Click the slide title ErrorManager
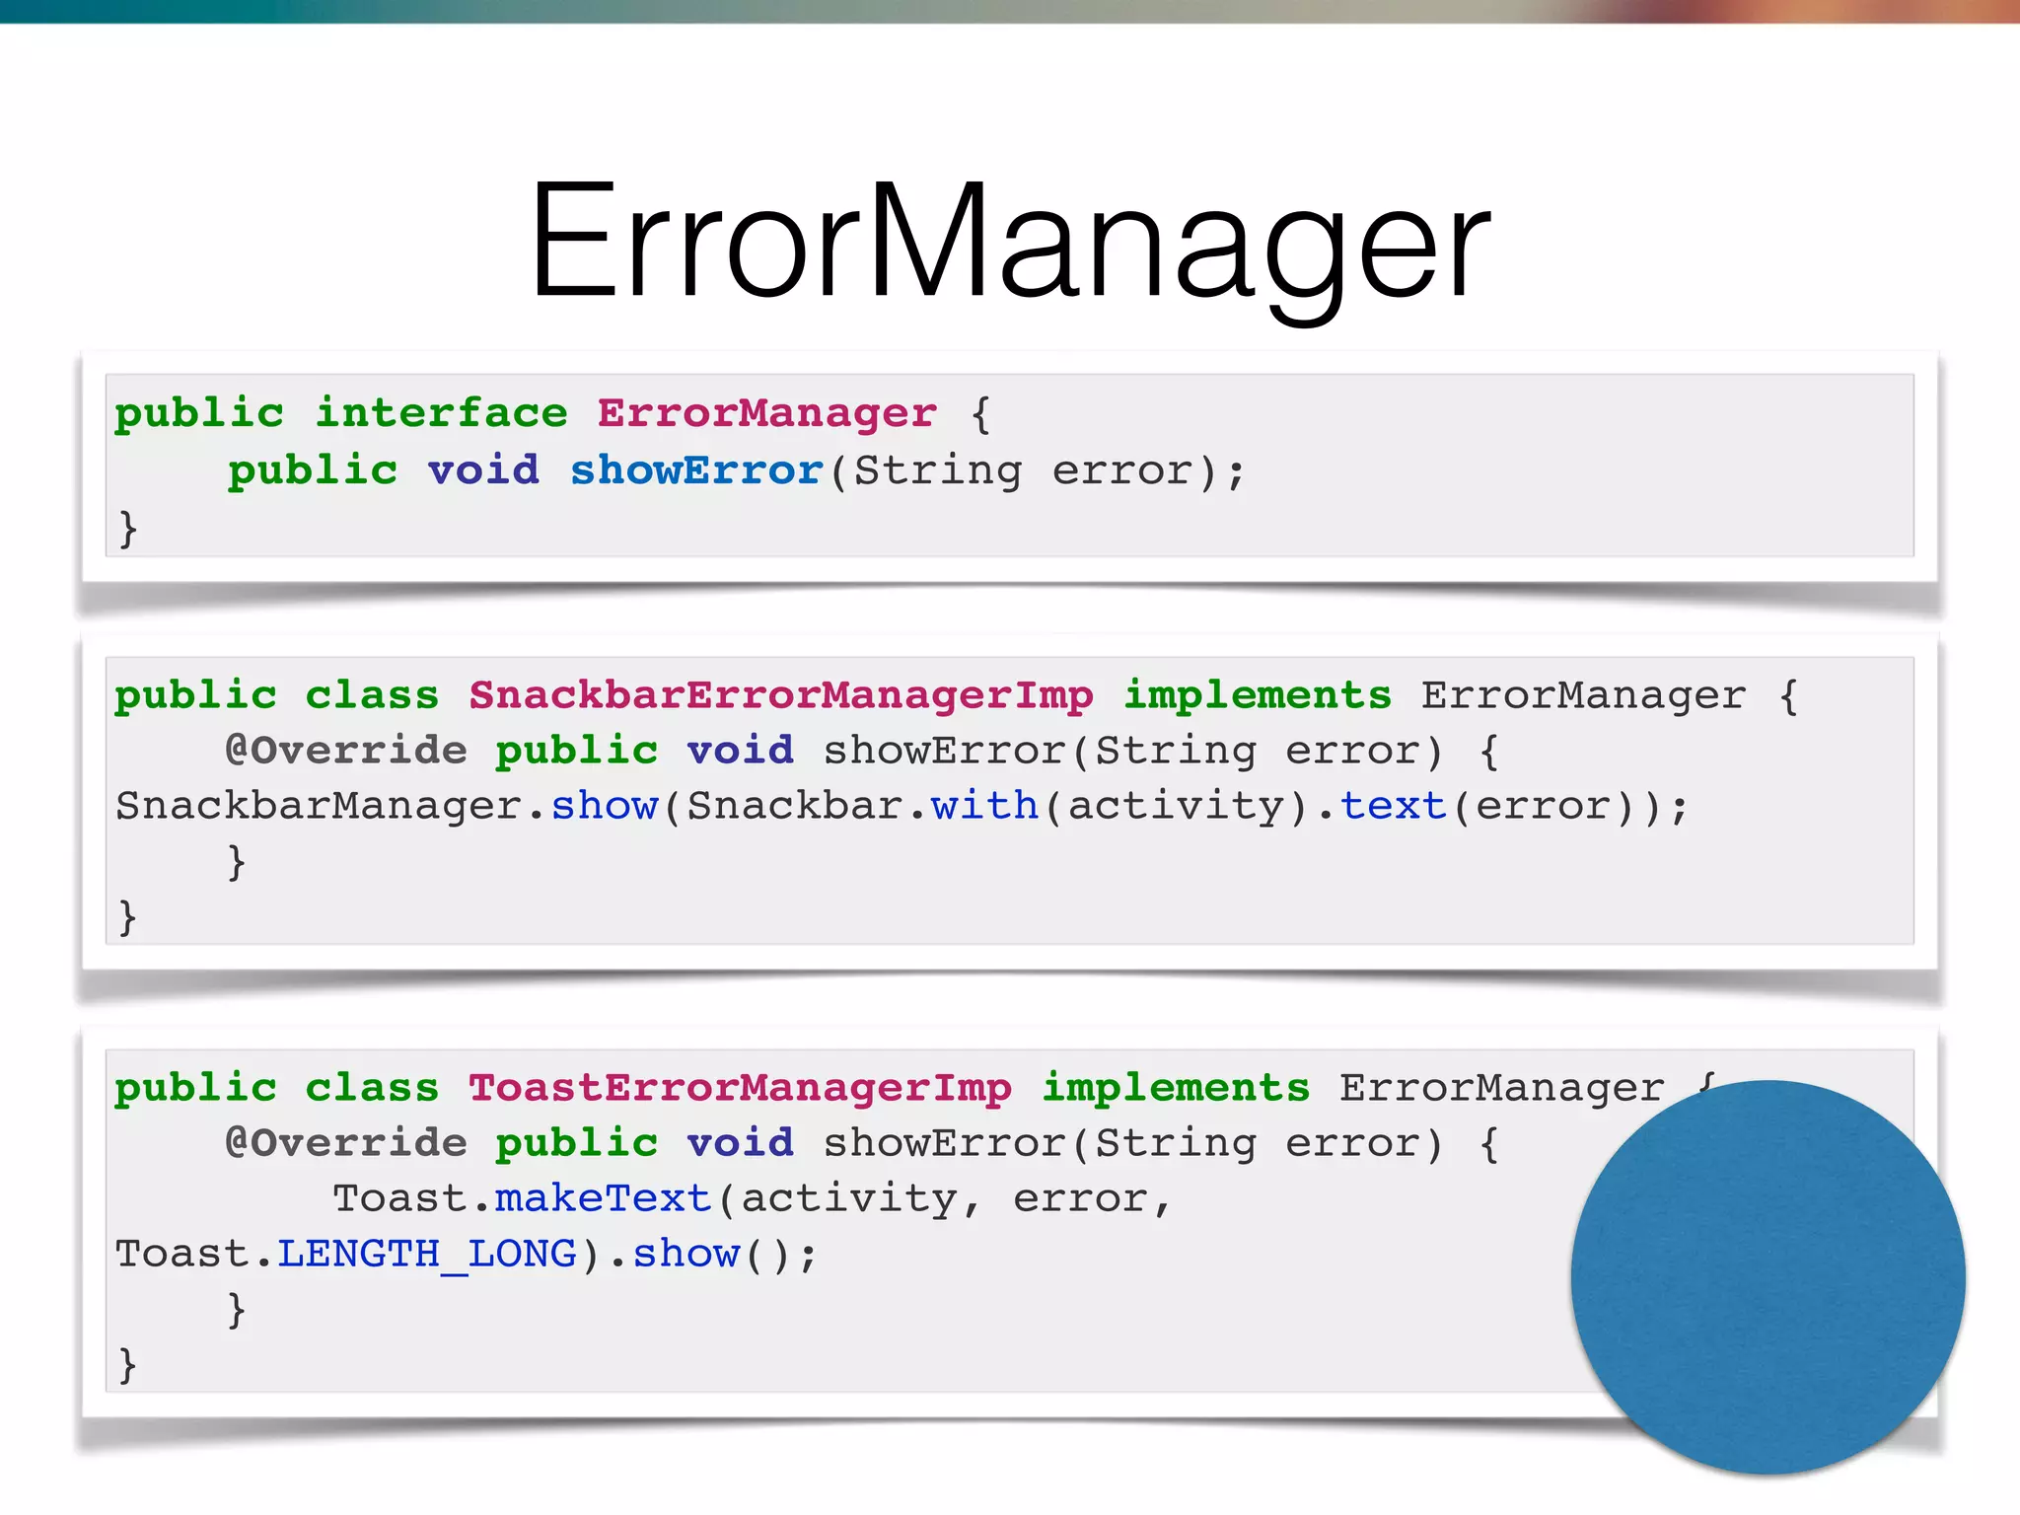pyautogui.click(x=1010, y=242)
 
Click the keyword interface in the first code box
pyautogui.click(x=441, y=413)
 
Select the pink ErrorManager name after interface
pyautogui.click(x=766, y=413)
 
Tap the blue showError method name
pyautogui.click(x=696, y=470)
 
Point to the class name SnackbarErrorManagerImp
pyautogui.click(x=780, y=695)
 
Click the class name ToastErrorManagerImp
pyautogui.click(x=740, y=1088)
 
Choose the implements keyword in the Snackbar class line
pyautogui.click(x=1258, y=695)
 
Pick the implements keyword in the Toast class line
pyautogui.click(x=1176, y=1088)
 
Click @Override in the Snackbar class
pyautogui.click(x=346, y=751)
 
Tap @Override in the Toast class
pyautogui.click(x=346, y=1143)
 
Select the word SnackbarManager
pyautogui.click(x=320, y=806)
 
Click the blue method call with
pyautogui.click(x=984, y=806)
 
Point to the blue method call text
pyautogui.click(x=1393, y=806)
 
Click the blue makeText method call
pyautogui.click(x=603, y=1198)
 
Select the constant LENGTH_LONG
pyautogui.click(x=426, y=1254)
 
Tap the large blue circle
pyautogui.click(x=1767, y=1277)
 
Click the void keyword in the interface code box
pyautogui.click(x=483, y=470)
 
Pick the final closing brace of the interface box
pyautogui.click(x=127, y=529)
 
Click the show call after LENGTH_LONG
pyautogui.click(x=685, y=1254)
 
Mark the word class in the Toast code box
pyautogui.click(x=372, y=1088)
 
